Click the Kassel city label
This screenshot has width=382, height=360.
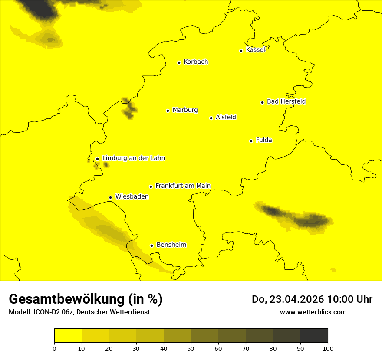[255, 50]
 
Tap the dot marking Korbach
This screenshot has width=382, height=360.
[179, 62]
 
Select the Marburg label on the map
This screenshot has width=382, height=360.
[185, 110]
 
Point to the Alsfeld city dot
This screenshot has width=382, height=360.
[211, 118]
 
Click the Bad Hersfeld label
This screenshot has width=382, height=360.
[286, 101]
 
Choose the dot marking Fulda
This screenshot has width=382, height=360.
[251, 141]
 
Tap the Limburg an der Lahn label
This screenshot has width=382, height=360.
[134, 158]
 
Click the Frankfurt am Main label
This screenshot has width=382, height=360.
[183, 186]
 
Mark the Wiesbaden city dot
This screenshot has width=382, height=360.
[111, 197]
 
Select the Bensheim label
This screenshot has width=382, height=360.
[171, 245]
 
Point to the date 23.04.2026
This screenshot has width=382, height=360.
[296, 299]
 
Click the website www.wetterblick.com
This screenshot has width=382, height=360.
[313, 312]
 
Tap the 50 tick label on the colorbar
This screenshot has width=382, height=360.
[191, 348]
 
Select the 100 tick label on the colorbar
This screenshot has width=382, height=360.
[328, 348]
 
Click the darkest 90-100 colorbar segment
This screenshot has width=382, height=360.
[314, 336]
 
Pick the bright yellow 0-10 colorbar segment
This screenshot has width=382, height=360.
[68, 336]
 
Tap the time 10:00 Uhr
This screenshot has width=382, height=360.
[350, 299]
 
